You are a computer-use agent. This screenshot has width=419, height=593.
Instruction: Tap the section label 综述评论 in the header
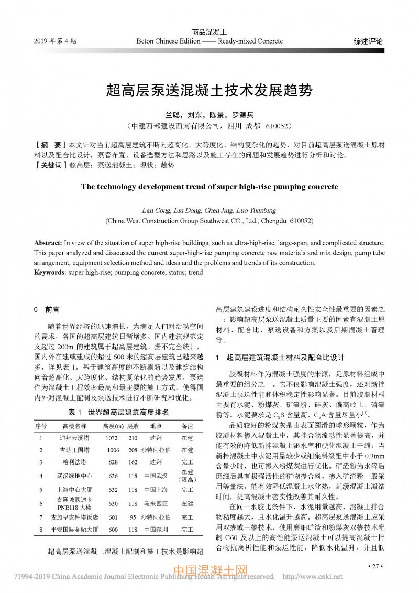368,41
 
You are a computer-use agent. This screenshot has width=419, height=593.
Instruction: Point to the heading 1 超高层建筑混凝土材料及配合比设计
280,358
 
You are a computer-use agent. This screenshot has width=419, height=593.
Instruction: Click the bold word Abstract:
48,243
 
